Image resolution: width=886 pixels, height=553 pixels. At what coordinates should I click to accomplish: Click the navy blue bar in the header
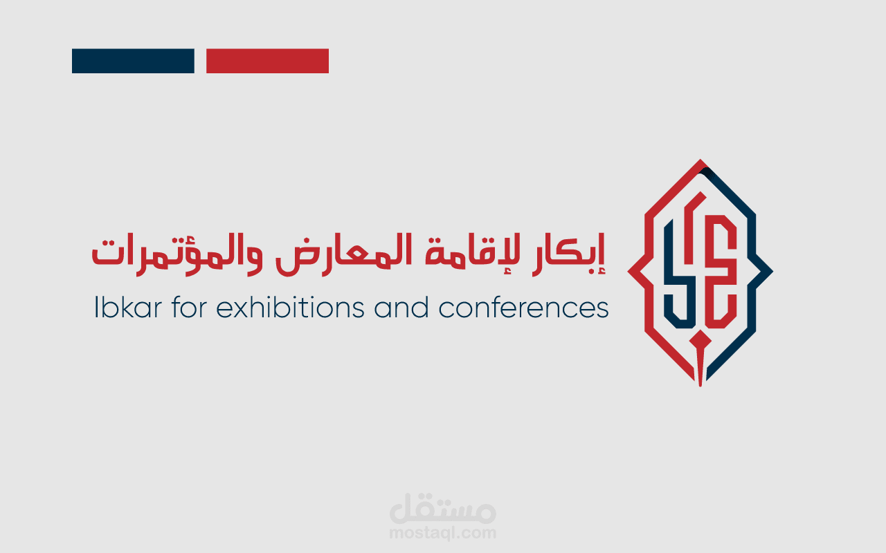click(133, 61)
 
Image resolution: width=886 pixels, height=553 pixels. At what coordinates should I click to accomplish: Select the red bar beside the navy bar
click(267, 61)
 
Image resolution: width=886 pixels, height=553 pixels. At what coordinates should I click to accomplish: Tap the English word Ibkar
click(122, 308)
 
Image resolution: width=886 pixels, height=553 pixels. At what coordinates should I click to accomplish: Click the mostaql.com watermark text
click(443, 533)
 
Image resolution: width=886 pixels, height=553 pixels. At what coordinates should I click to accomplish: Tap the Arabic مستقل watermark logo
click(443, 510)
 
